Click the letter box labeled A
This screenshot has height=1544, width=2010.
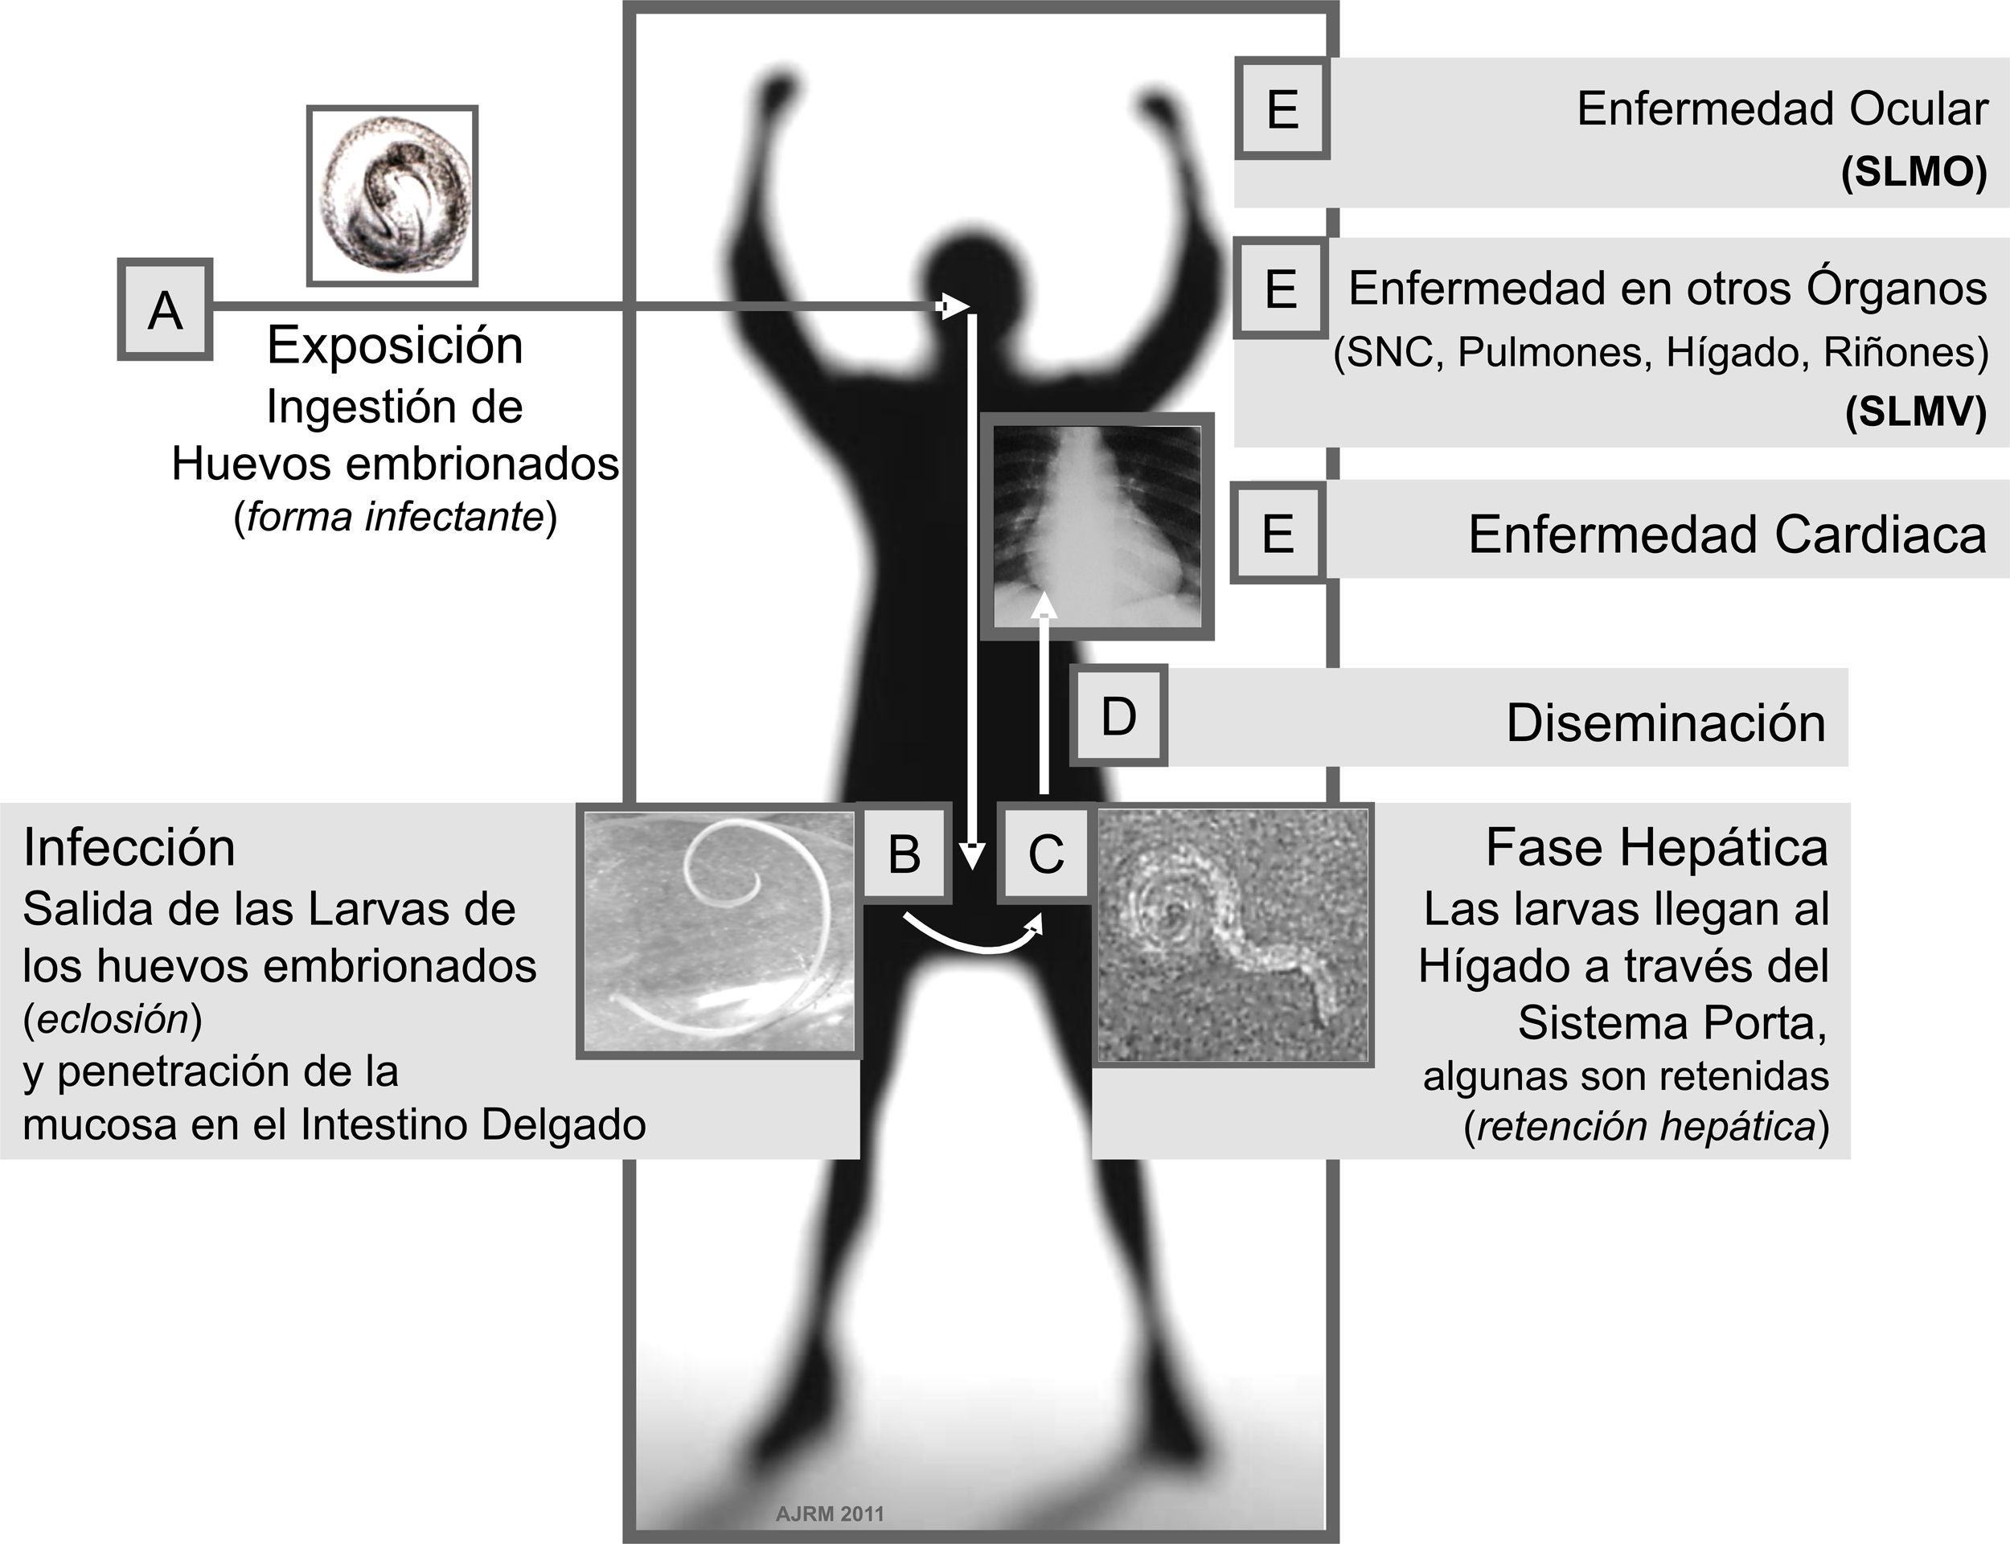pyautogui.click(x=166, y=309)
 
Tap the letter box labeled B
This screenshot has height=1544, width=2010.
pyautogui.click(x=904, y=852)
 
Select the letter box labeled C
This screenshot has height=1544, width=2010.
pyautogui.click(x=1045, y=852)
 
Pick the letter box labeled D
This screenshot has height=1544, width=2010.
pyautogui.click(x=1118, y=716)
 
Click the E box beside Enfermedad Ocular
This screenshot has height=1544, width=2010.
pyautogui.click(x=1282, y=109)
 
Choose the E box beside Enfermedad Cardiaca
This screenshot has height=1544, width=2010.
pyautogui.click(x=1278, y=533)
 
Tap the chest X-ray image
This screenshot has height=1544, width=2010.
pyautogui.click(x=1097, y=526)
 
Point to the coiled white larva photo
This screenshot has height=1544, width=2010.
pyautogui.click(x=719, y=931)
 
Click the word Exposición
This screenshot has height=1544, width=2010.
pyautogui.click(x=396, y=346)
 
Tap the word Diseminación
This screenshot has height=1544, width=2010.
pyautogui.click(x=1665, y=723)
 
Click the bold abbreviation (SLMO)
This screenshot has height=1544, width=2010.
pyautogui.click(x=1914, y=172)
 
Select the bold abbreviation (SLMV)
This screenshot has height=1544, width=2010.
pyautogui.click(x=1915, y=411)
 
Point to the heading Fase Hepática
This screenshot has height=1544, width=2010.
pyautogui.click(x=1656, y=846)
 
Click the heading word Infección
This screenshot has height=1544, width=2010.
pyautogui.click(x=129, y=846)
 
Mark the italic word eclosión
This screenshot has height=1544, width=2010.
pyautogui.click(x=113, y=1018)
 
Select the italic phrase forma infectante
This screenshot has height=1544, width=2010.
pyautogui.click(x=396, y=518)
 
